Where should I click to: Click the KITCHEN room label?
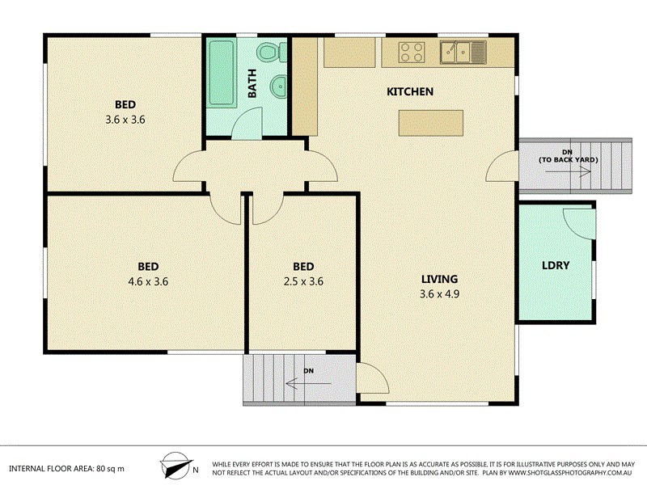click(410, 92)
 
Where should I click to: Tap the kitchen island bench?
click(430, 122)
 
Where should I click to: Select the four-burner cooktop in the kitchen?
click(411, 52)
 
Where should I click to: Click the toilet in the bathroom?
click(269, 53)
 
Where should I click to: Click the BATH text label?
click(252, 84)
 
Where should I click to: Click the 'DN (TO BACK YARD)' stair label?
click(568, 156)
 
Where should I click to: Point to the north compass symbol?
click(176, 466)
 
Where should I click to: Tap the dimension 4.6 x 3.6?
click(147, 282)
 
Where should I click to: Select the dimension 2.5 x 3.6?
click(303, 282)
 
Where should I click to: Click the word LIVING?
click(440, 279)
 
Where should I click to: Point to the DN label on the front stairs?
click(308, 372)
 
